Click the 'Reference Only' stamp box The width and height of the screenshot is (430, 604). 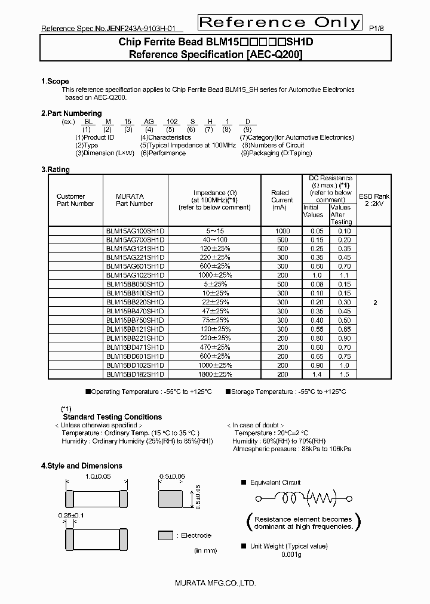[279, 23]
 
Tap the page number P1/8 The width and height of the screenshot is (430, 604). [377, 28]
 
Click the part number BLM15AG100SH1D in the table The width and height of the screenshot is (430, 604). [135, 231]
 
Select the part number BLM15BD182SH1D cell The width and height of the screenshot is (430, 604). [135, 374]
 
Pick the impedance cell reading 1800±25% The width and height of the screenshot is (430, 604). [214, 374]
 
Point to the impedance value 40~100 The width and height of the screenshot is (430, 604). [214, 239]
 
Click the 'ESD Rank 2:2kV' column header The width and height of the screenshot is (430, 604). [374, 200]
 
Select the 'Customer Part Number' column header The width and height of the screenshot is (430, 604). [75, 200]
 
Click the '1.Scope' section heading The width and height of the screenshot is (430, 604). [55, 81]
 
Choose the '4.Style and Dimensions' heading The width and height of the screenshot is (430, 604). [81, 466]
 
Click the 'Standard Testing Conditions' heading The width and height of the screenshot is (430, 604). [112, 417]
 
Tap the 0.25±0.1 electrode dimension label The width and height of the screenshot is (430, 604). [71, 514]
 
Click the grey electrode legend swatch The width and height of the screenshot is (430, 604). [166, 535]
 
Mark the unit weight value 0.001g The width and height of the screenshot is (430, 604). [291, 554]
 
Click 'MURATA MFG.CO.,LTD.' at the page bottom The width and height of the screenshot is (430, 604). [216, 583]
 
